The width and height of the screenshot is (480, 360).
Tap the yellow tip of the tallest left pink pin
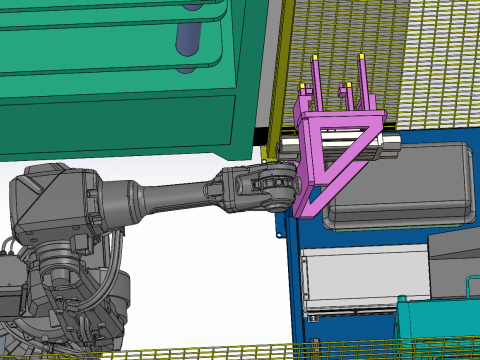(x=316, y=57)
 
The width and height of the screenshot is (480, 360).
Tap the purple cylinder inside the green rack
(x=188, y=37)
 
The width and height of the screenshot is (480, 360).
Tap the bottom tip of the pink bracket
(x=304, y=212)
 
